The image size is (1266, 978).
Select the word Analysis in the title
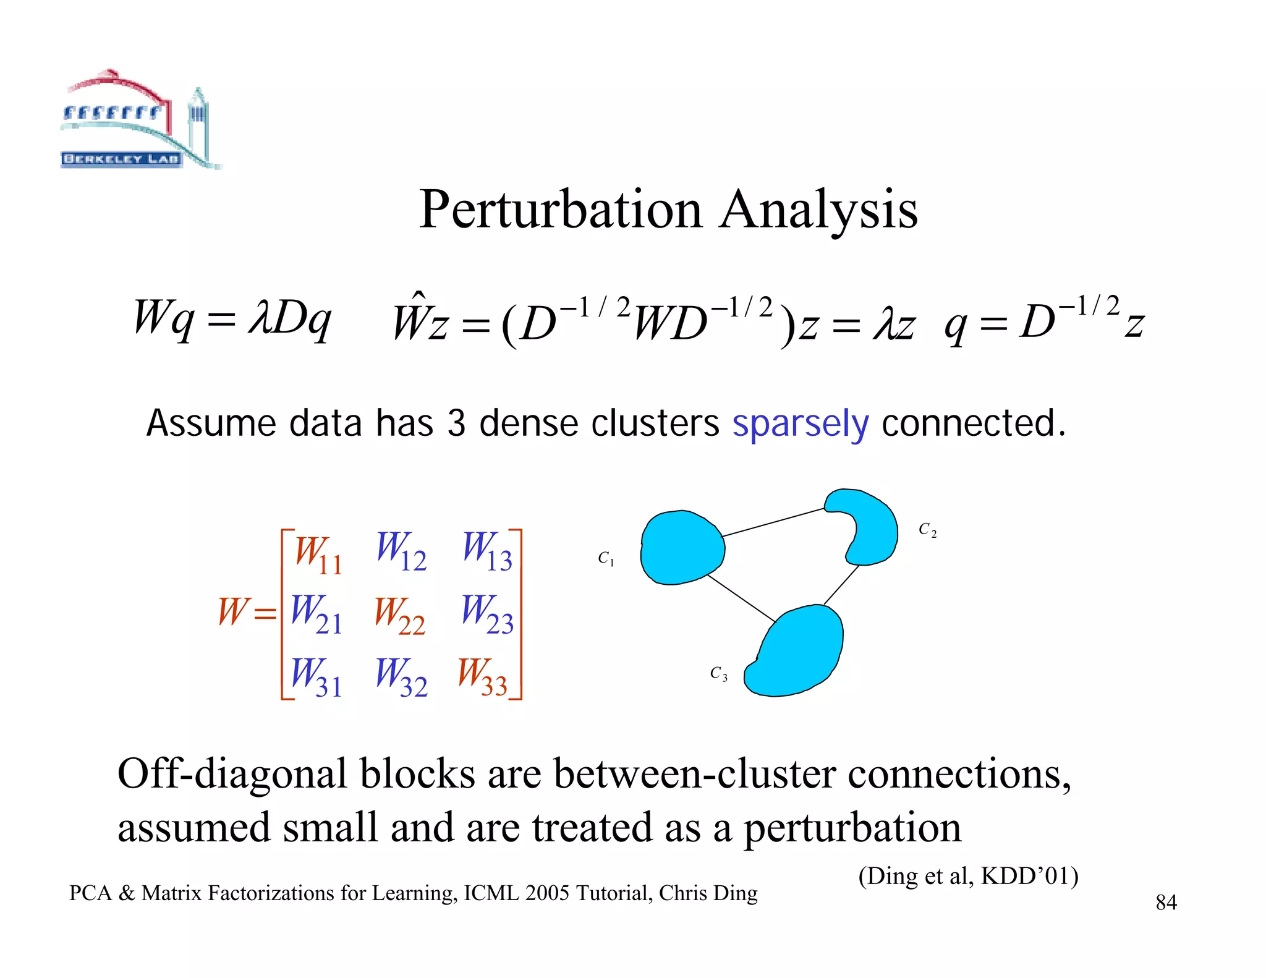pos(818,210)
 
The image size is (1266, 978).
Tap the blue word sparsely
pos(800,424)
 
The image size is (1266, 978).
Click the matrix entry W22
pos(400,615)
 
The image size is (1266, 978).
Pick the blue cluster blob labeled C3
pos(797,652)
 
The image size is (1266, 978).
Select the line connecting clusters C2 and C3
pos(841,585)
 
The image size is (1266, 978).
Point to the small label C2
pos(927,530)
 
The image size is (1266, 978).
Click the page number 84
pos(1166,903)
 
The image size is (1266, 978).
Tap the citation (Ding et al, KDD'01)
pos(968,876)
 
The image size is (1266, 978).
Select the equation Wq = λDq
pos(232,319)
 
